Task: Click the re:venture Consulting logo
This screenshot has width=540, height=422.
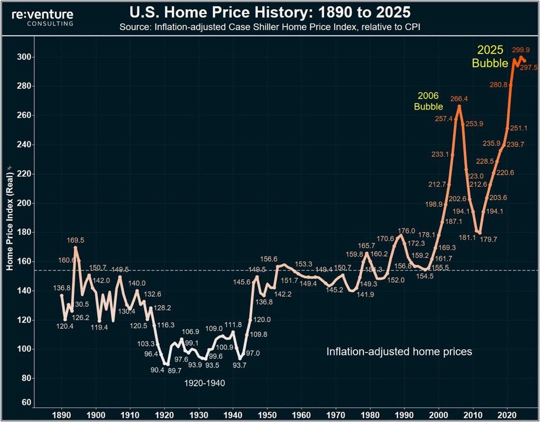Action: (x=43, y=17)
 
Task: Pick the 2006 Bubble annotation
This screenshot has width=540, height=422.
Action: (x=428, y=101)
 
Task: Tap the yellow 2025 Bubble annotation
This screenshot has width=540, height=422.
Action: (x=490, y=57)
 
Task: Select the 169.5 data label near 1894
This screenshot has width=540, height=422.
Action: (x=75, y=240)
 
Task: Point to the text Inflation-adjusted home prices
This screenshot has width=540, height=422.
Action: (x=399, y=352)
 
